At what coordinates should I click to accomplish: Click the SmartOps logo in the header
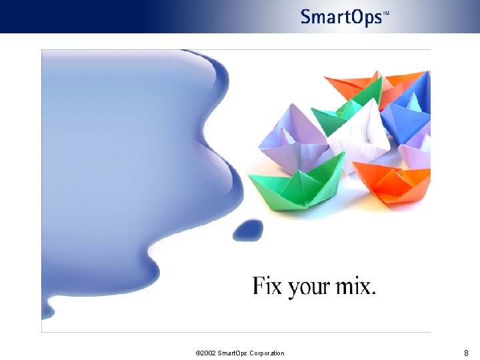pyautogui.click(x=341, y=17)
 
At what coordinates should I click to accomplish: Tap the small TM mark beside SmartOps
pyautogui.click(x=386, y=13)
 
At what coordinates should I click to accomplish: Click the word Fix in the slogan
pyautogui.click(x=268, y=287)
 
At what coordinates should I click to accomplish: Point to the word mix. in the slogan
pyautogui.click(x=357, y=287)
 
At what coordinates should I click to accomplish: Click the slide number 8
pyautogui.click(x=466, y=353)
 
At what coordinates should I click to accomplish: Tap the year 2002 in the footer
pyautogui.click(x=208, y=353)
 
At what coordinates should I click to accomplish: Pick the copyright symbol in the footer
pyautogui.click(x=198, y=353)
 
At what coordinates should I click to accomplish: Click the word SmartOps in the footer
pyautogui.click(x=233, y=353)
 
